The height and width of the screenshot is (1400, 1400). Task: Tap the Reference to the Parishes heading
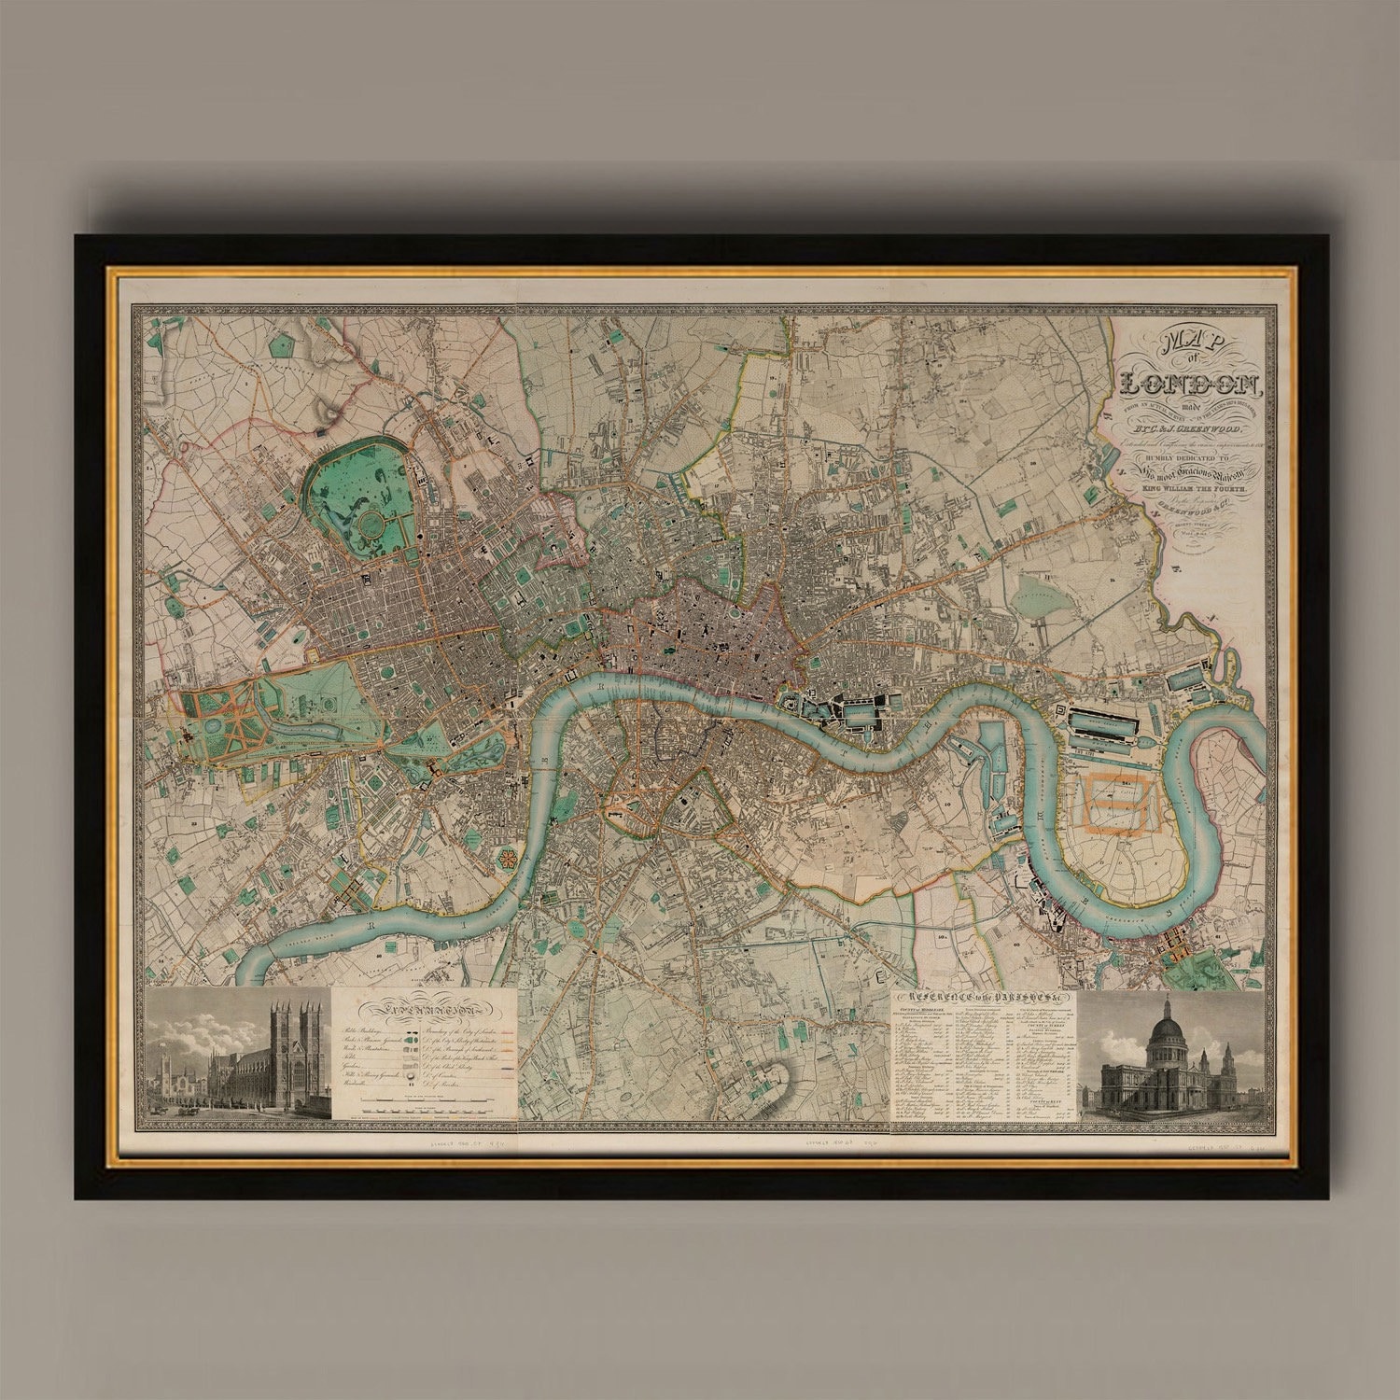[x=985, y=1000]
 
